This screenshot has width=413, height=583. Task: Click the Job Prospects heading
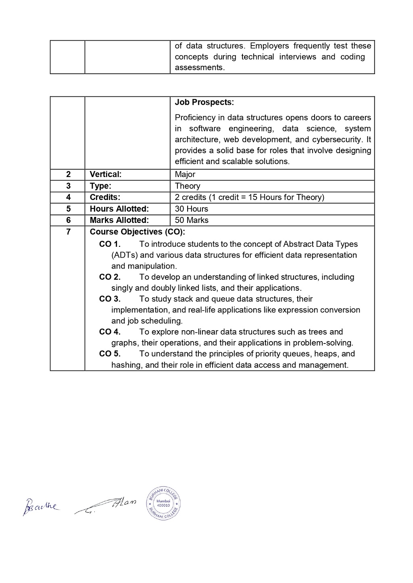tap(204, 102)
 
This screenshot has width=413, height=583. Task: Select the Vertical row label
tap(105, 175)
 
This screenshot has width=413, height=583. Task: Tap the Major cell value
tap(185, 175)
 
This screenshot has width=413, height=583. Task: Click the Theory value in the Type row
tap(188, 186)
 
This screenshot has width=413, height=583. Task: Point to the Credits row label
tap(105, 197)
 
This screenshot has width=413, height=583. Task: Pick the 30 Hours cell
tap(192, 209)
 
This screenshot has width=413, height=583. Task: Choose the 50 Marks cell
tap(192, 220)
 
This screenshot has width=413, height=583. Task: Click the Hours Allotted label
tap(119, 209)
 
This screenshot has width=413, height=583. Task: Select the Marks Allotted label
tap(119, 220)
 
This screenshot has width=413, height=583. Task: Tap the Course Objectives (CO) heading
tap(137, 232)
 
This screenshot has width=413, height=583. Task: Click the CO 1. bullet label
tap(110, 244)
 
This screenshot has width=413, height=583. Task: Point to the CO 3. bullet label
tap(110, 299)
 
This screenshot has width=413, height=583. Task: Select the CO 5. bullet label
tap(110, 354)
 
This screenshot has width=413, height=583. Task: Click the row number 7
tap(68, 232)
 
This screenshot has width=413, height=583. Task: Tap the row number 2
tap(68, 175)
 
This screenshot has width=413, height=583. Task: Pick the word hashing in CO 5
tap(126, 365)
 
